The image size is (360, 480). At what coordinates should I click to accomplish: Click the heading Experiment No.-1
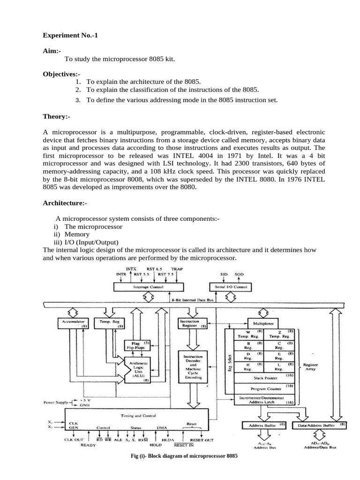71,35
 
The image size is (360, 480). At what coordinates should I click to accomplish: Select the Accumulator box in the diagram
70,323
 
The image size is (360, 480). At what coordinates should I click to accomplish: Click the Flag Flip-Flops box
136,345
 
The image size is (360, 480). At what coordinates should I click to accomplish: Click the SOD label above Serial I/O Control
239,274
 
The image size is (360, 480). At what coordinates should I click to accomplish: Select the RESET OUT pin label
202,440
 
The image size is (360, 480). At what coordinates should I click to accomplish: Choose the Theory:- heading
56,115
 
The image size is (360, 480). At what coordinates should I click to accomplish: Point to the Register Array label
311,367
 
